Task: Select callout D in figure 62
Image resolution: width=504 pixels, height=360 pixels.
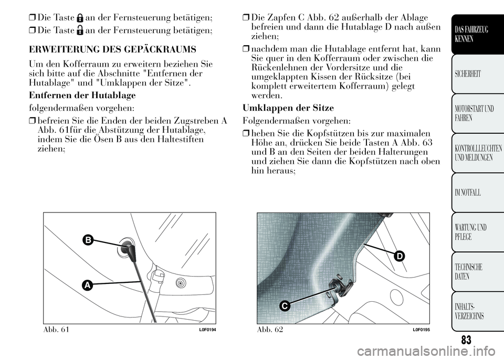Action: click(x=400, y=256)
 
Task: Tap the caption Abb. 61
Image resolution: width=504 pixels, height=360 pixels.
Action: click(x=54, y=330)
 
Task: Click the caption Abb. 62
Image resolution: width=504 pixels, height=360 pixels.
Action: click(x=269, y=330)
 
